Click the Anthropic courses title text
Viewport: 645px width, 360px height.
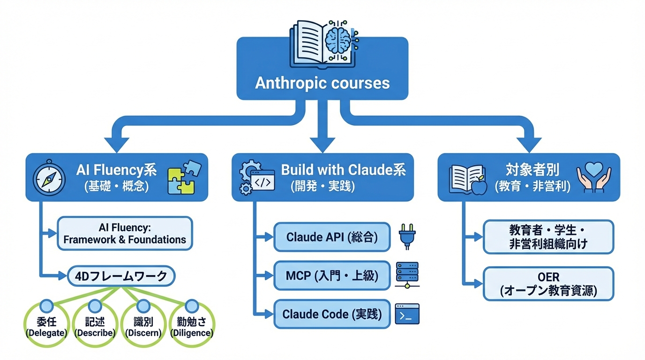[x=322, y=83]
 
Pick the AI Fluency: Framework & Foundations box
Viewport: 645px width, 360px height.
[x=125, y=233]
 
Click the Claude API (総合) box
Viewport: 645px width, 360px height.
[x=332, y=237]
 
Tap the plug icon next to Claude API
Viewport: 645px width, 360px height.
[x=407, y=236]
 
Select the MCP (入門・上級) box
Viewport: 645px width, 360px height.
[x=332, y=276]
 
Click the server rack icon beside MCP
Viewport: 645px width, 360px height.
[x=407, y=275]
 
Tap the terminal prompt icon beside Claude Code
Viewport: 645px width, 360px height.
[x=407, y=314]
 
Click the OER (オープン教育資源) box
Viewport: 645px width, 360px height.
[x=548, y=284]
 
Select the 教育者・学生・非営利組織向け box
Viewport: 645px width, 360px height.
[x=548, y=237]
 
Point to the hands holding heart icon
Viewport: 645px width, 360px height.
[x=594, y=178]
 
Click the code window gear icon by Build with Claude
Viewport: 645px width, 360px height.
[x=256, y=178]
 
